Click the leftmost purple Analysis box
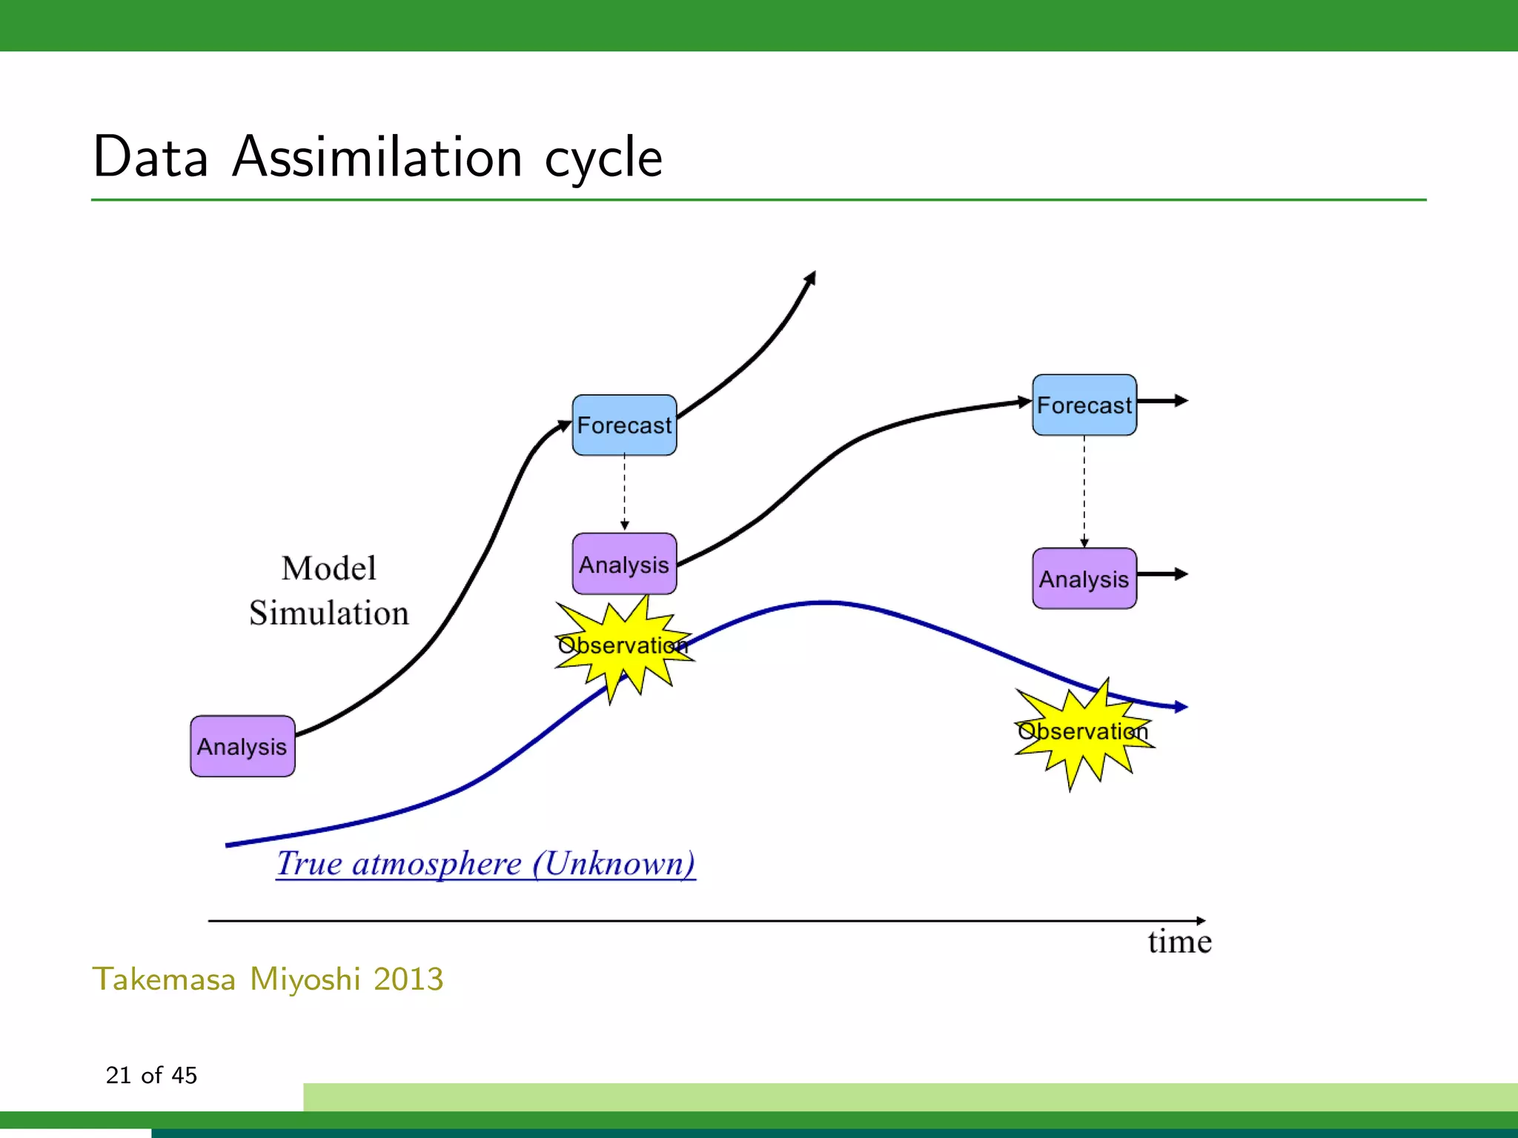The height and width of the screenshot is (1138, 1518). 242,746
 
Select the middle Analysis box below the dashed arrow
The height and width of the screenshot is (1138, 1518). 624,564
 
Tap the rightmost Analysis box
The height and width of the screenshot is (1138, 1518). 1084,579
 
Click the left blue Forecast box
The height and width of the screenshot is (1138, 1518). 624,425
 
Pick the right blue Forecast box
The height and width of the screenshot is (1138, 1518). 1084,405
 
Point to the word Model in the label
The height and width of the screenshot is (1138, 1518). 328,569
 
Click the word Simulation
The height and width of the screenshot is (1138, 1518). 328,613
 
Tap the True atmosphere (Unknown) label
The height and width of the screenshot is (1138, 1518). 485,864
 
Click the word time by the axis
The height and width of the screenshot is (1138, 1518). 1179,942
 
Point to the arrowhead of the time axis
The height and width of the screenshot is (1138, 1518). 1201,921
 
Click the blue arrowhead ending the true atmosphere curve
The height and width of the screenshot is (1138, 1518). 1181,707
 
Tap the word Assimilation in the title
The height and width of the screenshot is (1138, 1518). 377,158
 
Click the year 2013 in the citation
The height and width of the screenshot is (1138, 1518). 408,979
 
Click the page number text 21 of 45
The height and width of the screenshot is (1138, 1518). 151,1075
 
